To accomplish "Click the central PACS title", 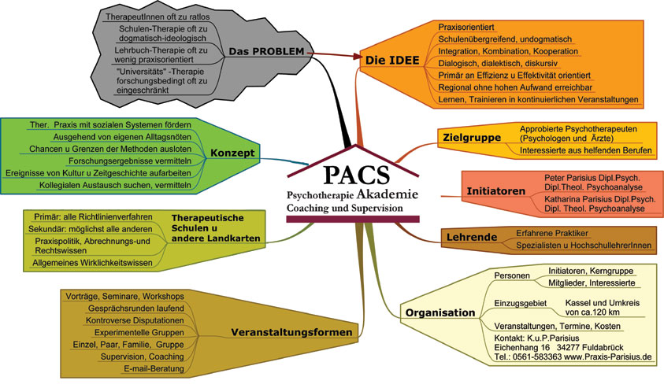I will click(x=354, y=172).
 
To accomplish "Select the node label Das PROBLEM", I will click(x=266, y=51).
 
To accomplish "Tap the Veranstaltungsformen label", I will click(x=291, y=333).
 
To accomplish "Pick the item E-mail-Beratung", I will click(x=154, y=368).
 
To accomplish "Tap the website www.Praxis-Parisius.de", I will click(x=606, y=357).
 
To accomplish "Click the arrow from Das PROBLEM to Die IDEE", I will click(x=336, y=54).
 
